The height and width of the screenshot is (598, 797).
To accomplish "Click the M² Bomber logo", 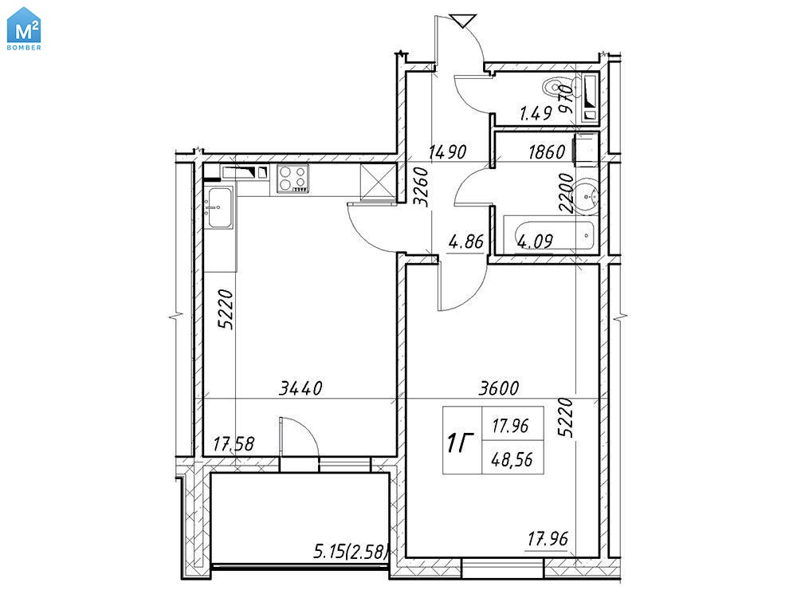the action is pos(24,29).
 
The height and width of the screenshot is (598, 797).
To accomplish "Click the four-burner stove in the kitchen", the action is pos(292,179).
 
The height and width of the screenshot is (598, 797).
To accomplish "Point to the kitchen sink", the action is pos(218,207).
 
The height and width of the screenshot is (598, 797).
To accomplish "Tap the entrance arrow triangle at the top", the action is pos(462,22).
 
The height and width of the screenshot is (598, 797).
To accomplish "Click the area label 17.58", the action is pos(234,444).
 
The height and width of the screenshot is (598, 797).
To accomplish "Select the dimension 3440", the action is pos(300,388).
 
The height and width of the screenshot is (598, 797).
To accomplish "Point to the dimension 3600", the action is pos(499,388).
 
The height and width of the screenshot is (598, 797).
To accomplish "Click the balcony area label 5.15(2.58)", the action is pos(351,551).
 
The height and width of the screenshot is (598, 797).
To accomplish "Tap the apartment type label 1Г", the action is pos(460,443).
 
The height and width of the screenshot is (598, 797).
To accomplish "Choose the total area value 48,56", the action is pos(512,460).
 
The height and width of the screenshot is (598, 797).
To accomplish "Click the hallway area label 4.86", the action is pos(465,241).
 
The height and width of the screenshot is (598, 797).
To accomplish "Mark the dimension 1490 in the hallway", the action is pos(447,151).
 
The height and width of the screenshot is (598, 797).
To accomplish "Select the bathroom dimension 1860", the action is pos(547,151).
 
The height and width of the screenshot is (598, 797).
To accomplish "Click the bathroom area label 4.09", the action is pos(535,240).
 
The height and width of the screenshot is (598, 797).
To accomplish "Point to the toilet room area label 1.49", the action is pos(536,113).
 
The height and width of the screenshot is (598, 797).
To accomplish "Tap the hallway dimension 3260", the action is pos(422,187).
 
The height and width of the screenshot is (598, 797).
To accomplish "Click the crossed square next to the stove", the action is pos(377,180).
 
